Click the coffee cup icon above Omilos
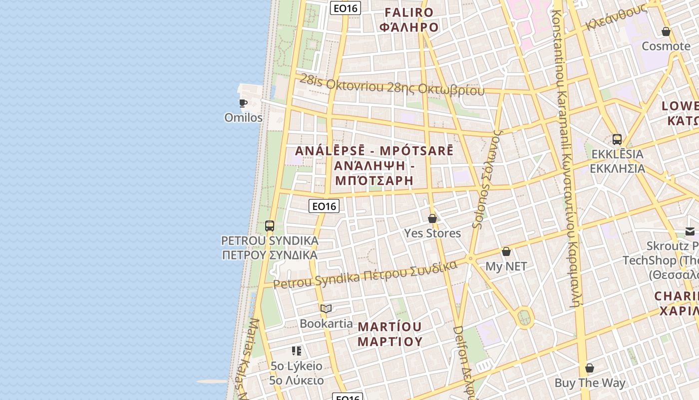[x=243, y=103]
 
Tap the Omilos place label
[x=243, y=118]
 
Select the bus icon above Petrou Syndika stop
[x=270, y=226]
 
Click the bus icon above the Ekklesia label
[x=617, y=139]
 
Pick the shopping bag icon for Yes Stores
[x=432, y=219]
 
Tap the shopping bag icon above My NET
[x=506, y=251]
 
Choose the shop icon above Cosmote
[x=666, y=32]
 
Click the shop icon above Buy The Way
[x=590, y=368]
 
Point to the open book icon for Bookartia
[x=326, y=309]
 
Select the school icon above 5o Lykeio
[x=297, y=351]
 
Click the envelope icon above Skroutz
[x=690, y=231]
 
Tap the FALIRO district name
[x=409, y=12]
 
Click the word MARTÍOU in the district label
[x=390, y=327]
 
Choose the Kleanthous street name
[x=617, y=18]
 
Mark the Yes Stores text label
[x=432, y=233]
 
